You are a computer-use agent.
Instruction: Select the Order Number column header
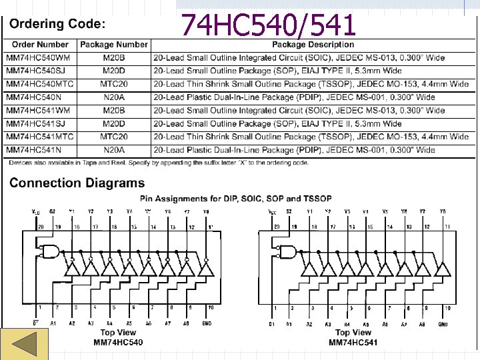tap(39, 45)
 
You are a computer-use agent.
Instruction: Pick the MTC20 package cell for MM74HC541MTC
tap(114, 137)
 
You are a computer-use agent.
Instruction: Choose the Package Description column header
tap(313, 45)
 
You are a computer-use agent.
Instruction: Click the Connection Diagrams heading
tap(77, 183)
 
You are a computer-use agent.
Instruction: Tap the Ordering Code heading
tap(57, 24)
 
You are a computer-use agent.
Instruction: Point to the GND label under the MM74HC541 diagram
tap(443, 323)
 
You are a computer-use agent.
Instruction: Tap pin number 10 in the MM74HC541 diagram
tap(447, 308)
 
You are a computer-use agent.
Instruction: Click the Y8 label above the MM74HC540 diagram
tap(206, 211)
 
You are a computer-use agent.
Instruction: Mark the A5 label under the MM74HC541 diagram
tap(367, 323)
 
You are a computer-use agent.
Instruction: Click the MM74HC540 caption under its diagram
tap(117, 343)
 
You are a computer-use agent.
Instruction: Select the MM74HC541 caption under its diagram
tap(353, 343)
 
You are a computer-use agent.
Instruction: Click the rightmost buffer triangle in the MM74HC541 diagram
tap(439, 269)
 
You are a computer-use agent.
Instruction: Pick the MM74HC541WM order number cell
tap(37, 110)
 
